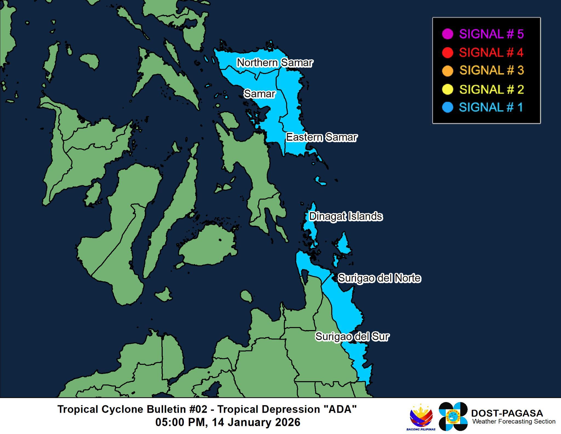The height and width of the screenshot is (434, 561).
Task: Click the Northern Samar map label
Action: tap(274, 63)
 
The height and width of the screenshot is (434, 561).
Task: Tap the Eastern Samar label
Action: tap(322, 137)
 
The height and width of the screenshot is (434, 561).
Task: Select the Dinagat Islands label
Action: tap(346, 216)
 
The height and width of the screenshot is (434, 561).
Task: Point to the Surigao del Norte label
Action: tap(379, 278)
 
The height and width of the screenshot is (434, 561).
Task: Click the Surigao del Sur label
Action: tap(352, 336)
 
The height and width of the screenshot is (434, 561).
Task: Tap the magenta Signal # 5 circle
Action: tap(447, 34)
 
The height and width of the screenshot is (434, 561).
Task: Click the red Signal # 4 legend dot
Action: tap(447, 52)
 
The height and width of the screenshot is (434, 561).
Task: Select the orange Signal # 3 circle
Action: tap(447, 70)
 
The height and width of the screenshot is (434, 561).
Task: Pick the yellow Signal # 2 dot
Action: tap(447, 89)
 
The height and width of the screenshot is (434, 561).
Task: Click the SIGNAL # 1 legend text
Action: tap(491, 107)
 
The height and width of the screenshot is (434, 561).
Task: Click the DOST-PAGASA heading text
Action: tap(507, 413)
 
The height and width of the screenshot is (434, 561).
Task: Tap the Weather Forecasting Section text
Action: tap(514, 422)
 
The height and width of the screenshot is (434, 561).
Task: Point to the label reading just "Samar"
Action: tap(259, 94)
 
